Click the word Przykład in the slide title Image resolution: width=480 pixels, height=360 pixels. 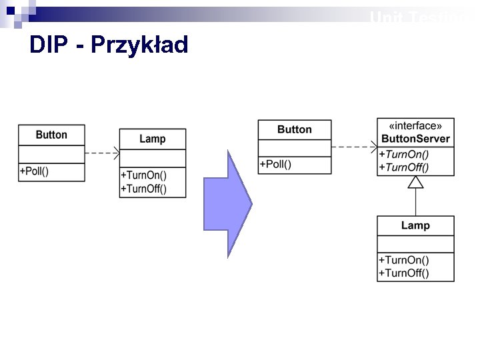[139, 45]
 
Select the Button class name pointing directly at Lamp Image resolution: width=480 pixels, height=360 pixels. [51, 135]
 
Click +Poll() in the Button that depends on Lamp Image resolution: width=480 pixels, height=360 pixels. [34, 171]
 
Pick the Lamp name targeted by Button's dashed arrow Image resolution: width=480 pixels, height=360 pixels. [152, 139]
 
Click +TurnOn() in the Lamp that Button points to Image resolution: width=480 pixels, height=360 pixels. [143, 175]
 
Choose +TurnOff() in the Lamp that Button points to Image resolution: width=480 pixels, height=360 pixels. [143, 189]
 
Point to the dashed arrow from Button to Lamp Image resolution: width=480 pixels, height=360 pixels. [101, 153]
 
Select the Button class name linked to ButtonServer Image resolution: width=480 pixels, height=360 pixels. [294, 129]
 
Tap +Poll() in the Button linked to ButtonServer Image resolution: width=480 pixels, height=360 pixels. [275, 164]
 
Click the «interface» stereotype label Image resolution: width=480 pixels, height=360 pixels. [415, 126]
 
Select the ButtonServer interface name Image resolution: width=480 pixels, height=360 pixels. [415, 139]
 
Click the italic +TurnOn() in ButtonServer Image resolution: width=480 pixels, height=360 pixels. [403, 154]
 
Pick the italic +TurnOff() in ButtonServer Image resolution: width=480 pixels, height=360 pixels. [404, 167]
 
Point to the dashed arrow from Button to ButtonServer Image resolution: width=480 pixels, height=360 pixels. [353, 147]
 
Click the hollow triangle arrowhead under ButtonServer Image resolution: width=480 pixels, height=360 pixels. [416, 182]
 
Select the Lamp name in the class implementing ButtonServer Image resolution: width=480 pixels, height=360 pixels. [415, 225]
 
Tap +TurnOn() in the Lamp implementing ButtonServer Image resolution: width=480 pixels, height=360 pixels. [403, 260]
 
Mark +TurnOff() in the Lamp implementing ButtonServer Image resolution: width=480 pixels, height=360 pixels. [404, 273]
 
